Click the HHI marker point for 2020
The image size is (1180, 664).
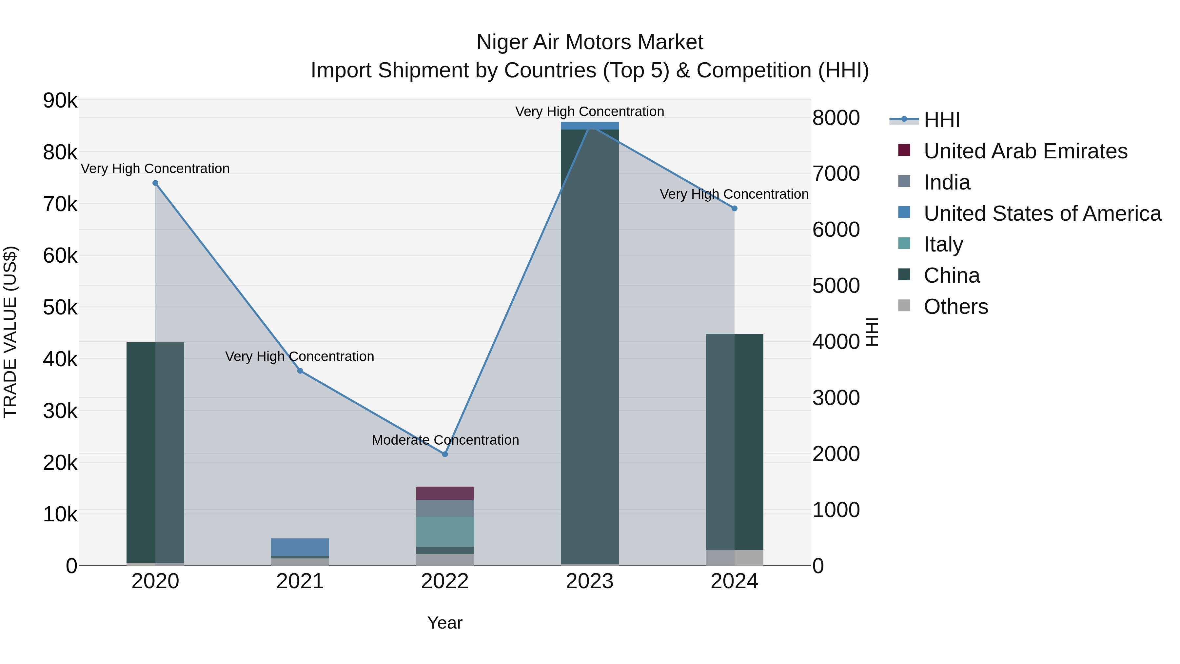pyautogui.click(x=155, y=183)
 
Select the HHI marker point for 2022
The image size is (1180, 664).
pyautogui.click(x=445, y=454)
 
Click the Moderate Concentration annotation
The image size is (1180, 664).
pyautogui.click(x=445, y=440)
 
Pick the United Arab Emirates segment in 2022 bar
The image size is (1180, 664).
pyautogui.click(x=445, y=493)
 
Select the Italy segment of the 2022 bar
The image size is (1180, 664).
pyautogui.click(x=445, y=532)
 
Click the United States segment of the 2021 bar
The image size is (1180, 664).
pyautogui.click(x=300, y=547)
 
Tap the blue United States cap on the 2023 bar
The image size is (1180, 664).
pyautogui.click(x=590, y=126)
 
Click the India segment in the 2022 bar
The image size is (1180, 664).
pyautogui.click(x=445, y=508)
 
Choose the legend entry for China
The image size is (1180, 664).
pyautogui.click(x=952, y=276)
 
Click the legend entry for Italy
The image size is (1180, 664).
pyautogui.click(x=943, y=245)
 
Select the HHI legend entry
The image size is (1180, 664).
pyautogui.click(x=941, y=120)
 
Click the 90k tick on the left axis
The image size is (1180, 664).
pyautogui.click(x=60, y=101)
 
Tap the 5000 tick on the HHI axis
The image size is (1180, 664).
pyautogui.click(x=836, y=286)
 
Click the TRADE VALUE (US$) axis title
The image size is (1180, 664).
pyautogui.click(x=10, y=332)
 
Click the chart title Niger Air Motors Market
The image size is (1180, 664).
pyautogui.click(x=590, y=42)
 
